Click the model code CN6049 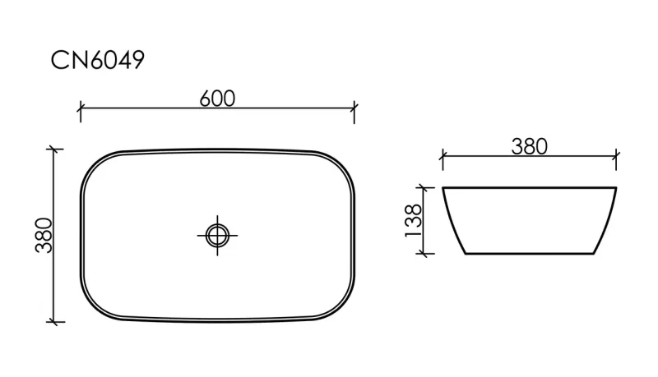(x=97, y=60)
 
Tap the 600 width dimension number (x=217, y=99)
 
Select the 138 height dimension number (x=414, y=221)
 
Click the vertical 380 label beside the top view (x=44, y=236)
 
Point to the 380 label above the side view (x=529, y=146)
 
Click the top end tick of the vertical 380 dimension (x=53, y=149)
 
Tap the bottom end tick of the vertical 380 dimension (x=53, y=322)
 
